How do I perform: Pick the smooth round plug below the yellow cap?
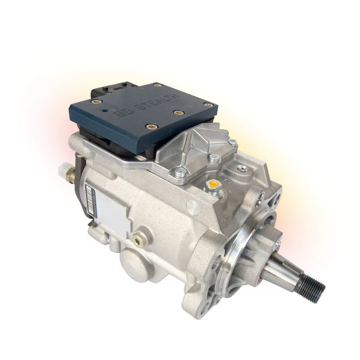[x=193, y=208]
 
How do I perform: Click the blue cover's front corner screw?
[x=149, y=126]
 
